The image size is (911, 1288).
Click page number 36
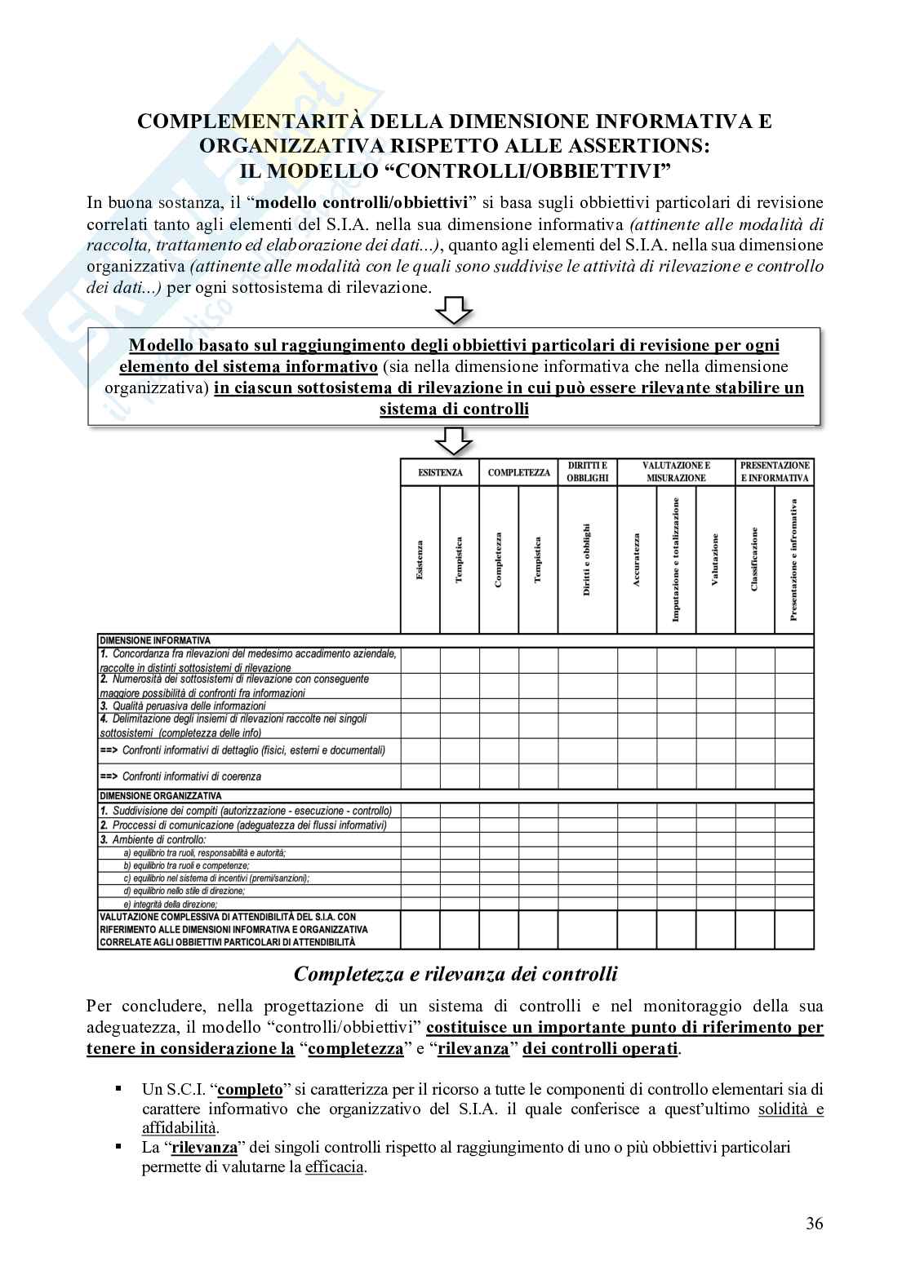point(814,1223)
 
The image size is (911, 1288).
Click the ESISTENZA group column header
point(440,472)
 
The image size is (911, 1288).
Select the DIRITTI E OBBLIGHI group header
point(588,471)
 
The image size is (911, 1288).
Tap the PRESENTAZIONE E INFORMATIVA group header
point(775,471)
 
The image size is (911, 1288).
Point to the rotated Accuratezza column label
point(637,560)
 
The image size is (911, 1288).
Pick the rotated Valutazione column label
point(715,560)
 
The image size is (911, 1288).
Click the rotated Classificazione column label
point(754,560)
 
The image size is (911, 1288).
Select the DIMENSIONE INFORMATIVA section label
point(154,641)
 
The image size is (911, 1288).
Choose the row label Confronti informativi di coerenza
point(191,777)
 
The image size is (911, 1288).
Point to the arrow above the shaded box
point(454,311)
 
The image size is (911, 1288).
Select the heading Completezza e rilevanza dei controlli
point(455,974)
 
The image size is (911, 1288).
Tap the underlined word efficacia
point(335,1167)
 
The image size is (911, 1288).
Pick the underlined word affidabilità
point(179,1128)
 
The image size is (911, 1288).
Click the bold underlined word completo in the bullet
point(251,1089)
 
